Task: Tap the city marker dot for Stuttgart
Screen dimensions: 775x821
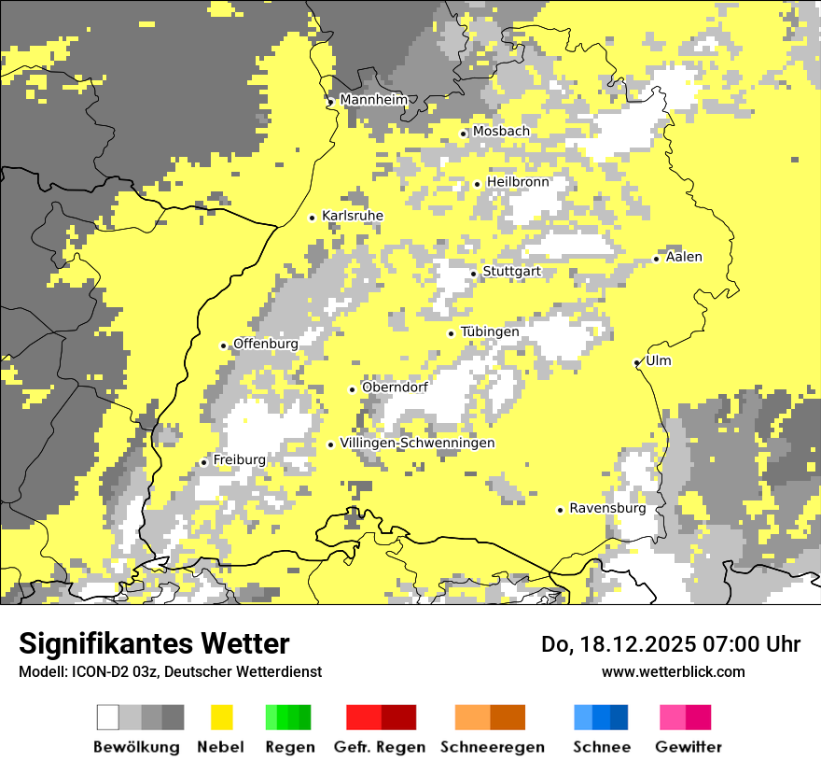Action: pyautogui.click(x=474, y=274)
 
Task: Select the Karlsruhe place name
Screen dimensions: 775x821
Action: pyautogui.click(x=353, y=217)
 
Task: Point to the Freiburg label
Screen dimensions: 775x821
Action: pyautogui.click(x=239, y=460)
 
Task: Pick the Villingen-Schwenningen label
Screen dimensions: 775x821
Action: pyautogui.click(x=417, y=444)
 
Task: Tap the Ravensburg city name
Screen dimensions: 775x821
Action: pyautogui.click(x=607, y=509)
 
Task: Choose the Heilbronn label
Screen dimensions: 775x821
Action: pyautogui.click(x=518, y=182)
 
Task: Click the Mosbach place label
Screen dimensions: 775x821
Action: pyautogui.click(x=501, y=132)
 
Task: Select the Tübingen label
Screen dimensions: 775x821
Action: pyautogui.click(x=490, y=332)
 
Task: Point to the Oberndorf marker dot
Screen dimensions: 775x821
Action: pyautogui.click(x=352, y=389)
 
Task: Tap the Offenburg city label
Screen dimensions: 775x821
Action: pyautogui.click(x=266, y=344)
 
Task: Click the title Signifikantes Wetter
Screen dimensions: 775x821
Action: pyautogui.click(x=154, y=643)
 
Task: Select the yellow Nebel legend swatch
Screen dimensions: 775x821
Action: pyautogui.click(x=222, y=717)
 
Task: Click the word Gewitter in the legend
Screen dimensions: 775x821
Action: pyautogui.click(x=689, y=747)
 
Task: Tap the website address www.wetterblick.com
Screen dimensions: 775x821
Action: pyautogui.click(x=673, y=671)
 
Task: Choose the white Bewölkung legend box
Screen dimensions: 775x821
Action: pyautogui.click(x=108, y=717)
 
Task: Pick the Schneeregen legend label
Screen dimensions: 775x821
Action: pyautogui.click(x=493, y=747)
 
